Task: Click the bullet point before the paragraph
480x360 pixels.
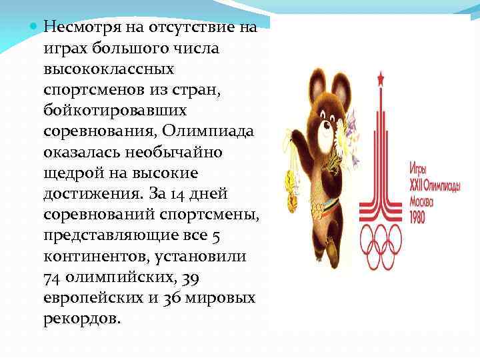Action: (x=35, y=27)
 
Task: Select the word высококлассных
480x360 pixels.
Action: (x=109, y=69)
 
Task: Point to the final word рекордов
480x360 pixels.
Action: (x=81, y=318)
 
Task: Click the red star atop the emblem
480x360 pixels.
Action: (x=381, y=80)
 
